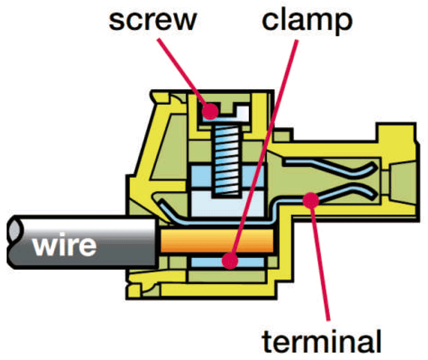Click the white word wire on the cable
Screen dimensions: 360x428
point(64,246)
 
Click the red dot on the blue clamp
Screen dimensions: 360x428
point(230,261)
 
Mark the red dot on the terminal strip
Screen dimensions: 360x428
point(310,199)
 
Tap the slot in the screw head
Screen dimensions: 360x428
point(234,111)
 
